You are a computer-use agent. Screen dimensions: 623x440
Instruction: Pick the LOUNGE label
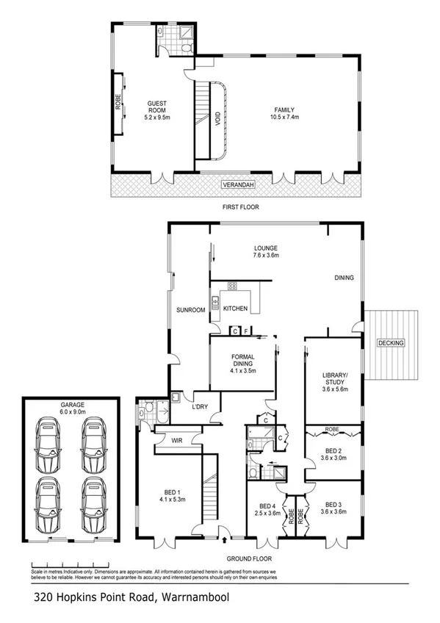pos(266,248)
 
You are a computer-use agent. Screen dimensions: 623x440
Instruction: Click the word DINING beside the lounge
pos(344,278)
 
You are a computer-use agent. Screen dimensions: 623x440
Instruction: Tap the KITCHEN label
pos(235,309)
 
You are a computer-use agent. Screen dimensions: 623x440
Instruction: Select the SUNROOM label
pos(190,310)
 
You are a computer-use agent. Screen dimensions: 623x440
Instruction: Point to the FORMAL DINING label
pos(242,360)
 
